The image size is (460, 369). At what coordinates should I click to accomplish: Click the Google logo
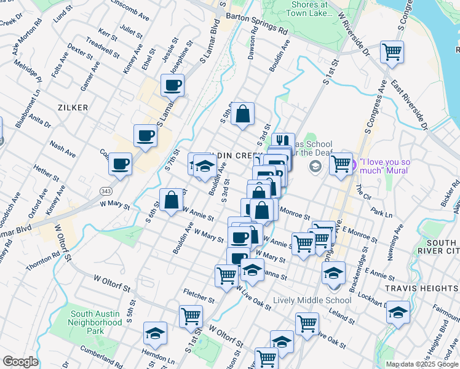pyautogui.click(x=20, y=362)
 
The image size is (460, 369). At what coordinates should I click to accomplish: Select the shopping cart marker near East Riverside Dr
pyautogui.click(x=392, y=52)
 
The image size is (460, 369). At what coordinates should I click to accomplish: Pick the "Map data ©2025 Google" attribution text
pyautogui.click(x=421, y=363)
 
